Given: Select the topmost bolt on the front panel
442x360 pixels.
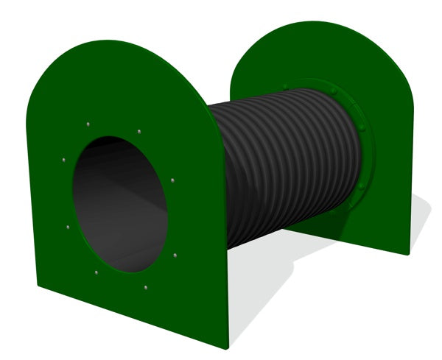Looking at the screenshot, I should tap(88, 124).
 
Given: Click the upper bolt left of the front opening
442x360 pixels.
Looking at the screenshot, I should tap(64, 158).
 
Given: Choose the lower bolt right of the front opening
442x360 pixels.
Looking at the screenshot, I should tap(175, 255).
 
